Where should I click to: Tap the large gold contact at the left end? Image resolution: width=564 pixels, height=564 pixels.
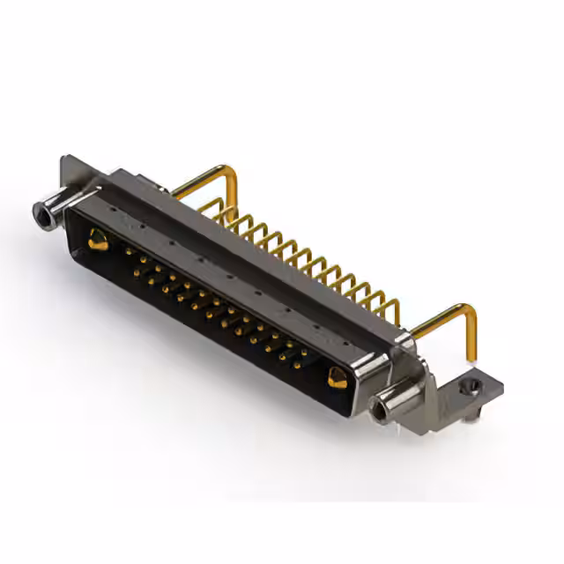click(98, 239)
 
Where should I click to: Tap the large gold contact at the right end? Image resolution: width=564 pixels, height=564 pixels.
click(337, 377)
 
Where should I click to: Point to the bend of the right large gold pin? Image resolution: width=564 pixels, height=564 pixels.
click(470, 310)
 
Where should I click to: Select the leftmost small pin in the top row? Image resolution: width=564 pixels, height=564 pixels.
click(129, 251)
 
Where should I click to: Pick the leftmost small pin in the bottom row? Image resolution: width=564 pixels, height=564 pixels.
click(137, 272)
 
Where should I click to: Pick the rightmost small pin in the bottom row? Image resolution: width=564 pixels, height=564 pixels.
click(297, 364)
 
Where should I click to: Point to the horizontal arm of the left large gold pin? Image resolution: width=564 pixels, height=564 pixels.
click(203, 180)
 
